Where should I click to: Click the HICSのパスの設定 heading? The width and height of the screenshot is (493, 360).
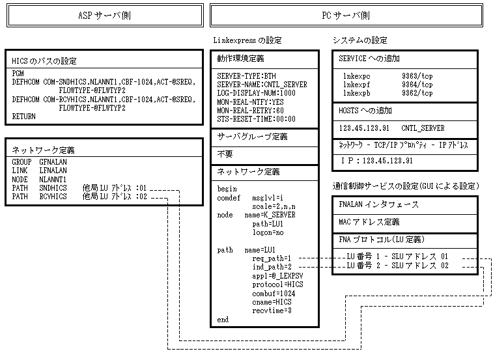coord(44,61)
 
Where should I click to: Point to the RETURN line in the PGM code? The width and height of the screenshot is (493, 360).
coord(24,116)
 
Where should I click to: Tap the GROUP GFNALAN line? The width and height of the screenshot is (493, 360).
coord(39,161)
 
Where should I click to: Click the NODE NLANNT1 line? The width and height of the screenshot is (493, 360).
coord(39,179)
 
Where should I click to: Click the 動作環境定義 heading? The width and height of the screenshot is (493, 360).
coord(240,59)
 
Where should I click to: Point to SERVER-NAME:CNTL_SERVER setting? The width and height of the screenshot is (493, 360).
coord(262,85)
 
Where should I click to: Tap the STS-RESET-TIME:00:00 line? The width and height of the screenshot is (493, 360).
coord(256,119)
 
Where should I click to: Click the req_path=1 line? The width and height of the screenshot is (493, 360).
coord(273,258)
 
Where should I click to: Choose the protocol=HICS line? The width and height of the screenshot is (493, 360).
coord(277,284)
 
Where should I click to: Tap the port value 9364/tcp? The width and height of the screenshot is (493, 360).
coord(417,85)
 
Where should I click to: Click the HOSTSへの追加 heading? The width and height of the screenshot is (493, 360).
coord(366,110)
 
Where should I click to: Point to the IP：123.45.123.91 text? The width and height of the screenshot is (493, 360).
coord(377,159)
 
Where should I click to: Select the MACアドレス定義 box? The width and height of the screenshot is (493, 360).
coord(370,222)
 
